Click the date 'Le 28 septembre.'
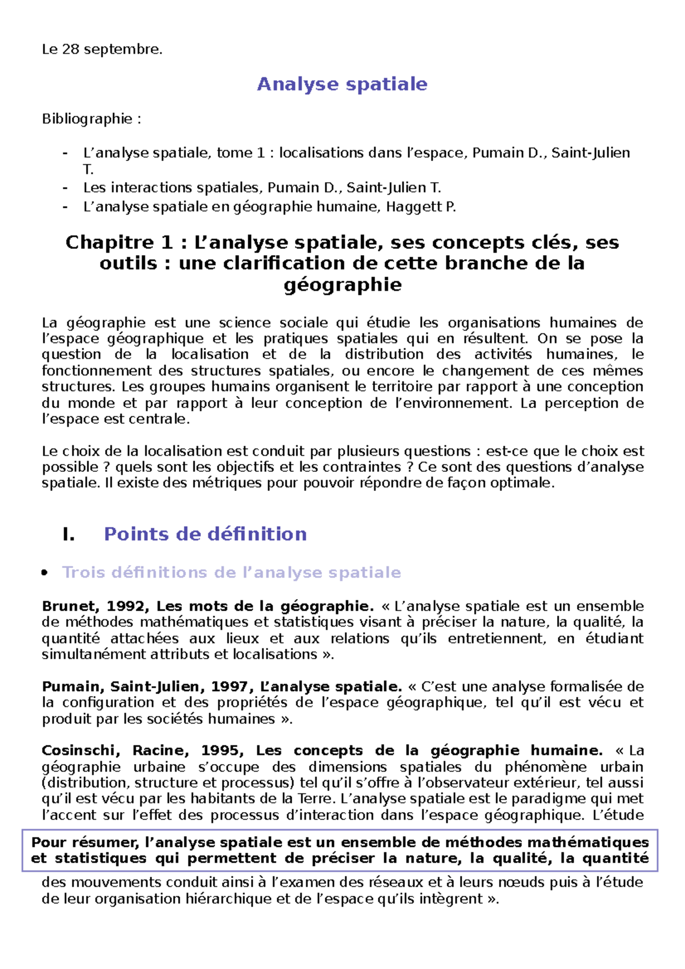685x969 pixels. [x=102, y=50]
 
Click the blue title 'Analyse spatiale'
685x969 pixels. [x=342, y=84]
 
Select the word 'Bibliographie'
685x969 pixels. [x=87, y=119]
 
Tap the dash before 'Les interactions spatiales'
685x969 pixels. [x=65, y=188]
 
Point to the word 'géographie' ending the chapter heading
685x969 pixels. [x=342, y=284]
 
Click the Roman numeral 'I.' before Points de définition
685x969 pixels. [x=68, y=534]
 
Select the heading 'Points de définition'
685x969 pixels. [x=205, y=534]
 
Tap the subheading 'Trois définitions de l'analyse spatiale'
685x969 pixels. [x=231, y=572]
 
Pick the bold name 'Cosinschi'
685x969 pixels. [x=80, y=750]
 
